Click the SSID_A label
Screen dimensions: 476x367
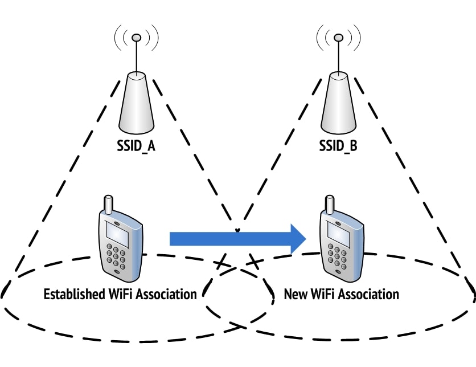[136, 146]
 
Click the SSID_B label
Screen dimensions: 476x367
[338, 146]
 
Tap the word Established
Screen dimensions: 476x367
[74, 294]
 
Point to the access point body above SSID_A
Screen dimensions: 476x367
[136, 103]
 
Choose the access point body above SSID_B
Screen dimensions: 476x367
[338, 103]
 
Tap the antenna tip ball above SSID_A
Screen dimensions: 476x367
[136, 38]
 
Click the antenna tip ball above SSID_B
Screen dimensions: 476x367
[338, 38]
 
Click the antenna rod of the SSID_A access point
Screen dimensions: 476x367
[136, 56]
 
